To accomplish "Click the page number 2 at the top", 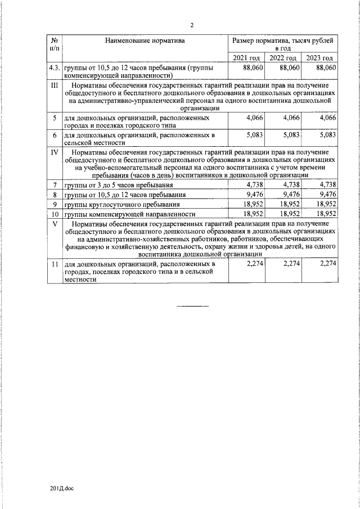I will pos(192,25).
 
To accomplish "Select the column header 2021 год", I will pos(247,58).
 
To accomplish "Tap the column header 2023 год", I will pos(319,58).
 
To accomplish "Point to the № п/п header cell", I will pos(55,44).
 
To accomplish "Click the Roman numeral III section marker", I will pos(55,85).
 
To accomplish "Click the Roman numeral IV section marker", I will pos(55,152).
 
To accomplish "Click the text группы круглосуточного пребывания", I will pos(122,205).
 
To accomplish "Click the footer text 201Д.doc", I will pos(62,488).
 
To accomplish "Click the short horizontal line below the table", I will pos(193,306).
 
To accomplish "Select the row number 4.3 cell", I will pos(55,67).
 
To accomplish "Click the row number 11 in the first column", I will pos(55,264).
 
